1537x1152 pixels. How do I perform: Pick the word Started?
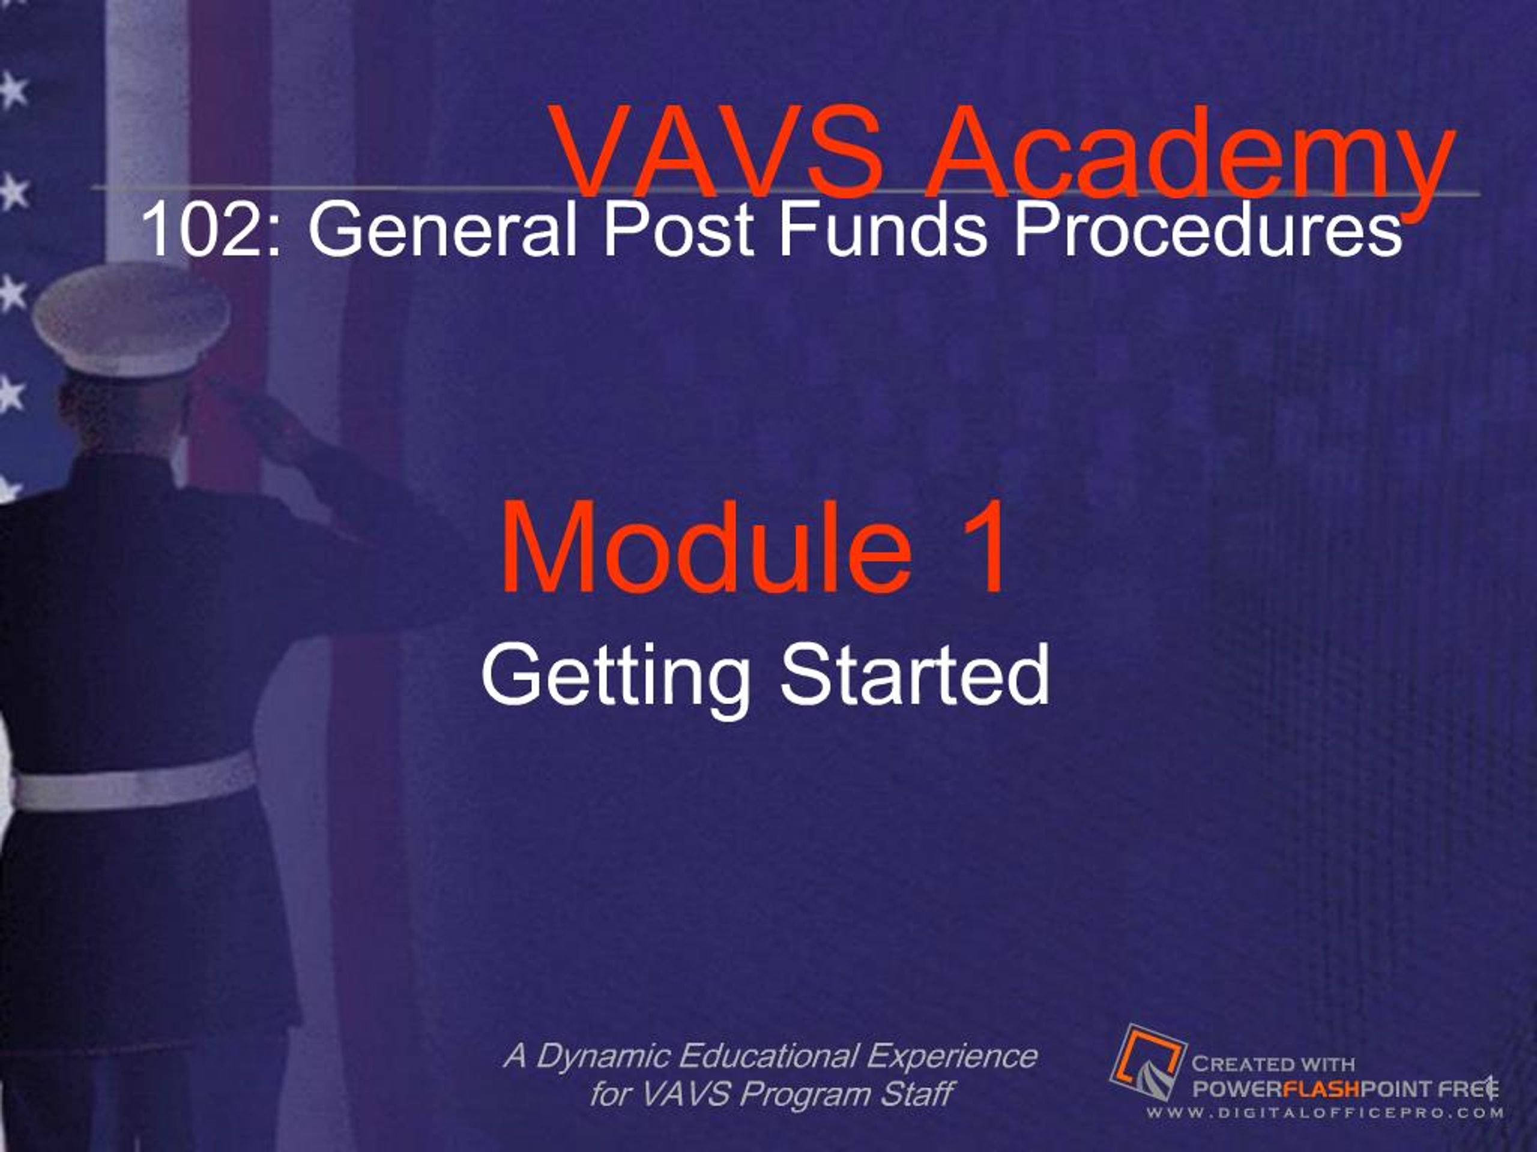click(914, 674)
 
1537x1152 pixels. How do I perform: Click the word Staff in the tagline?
click(917, 1094)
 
